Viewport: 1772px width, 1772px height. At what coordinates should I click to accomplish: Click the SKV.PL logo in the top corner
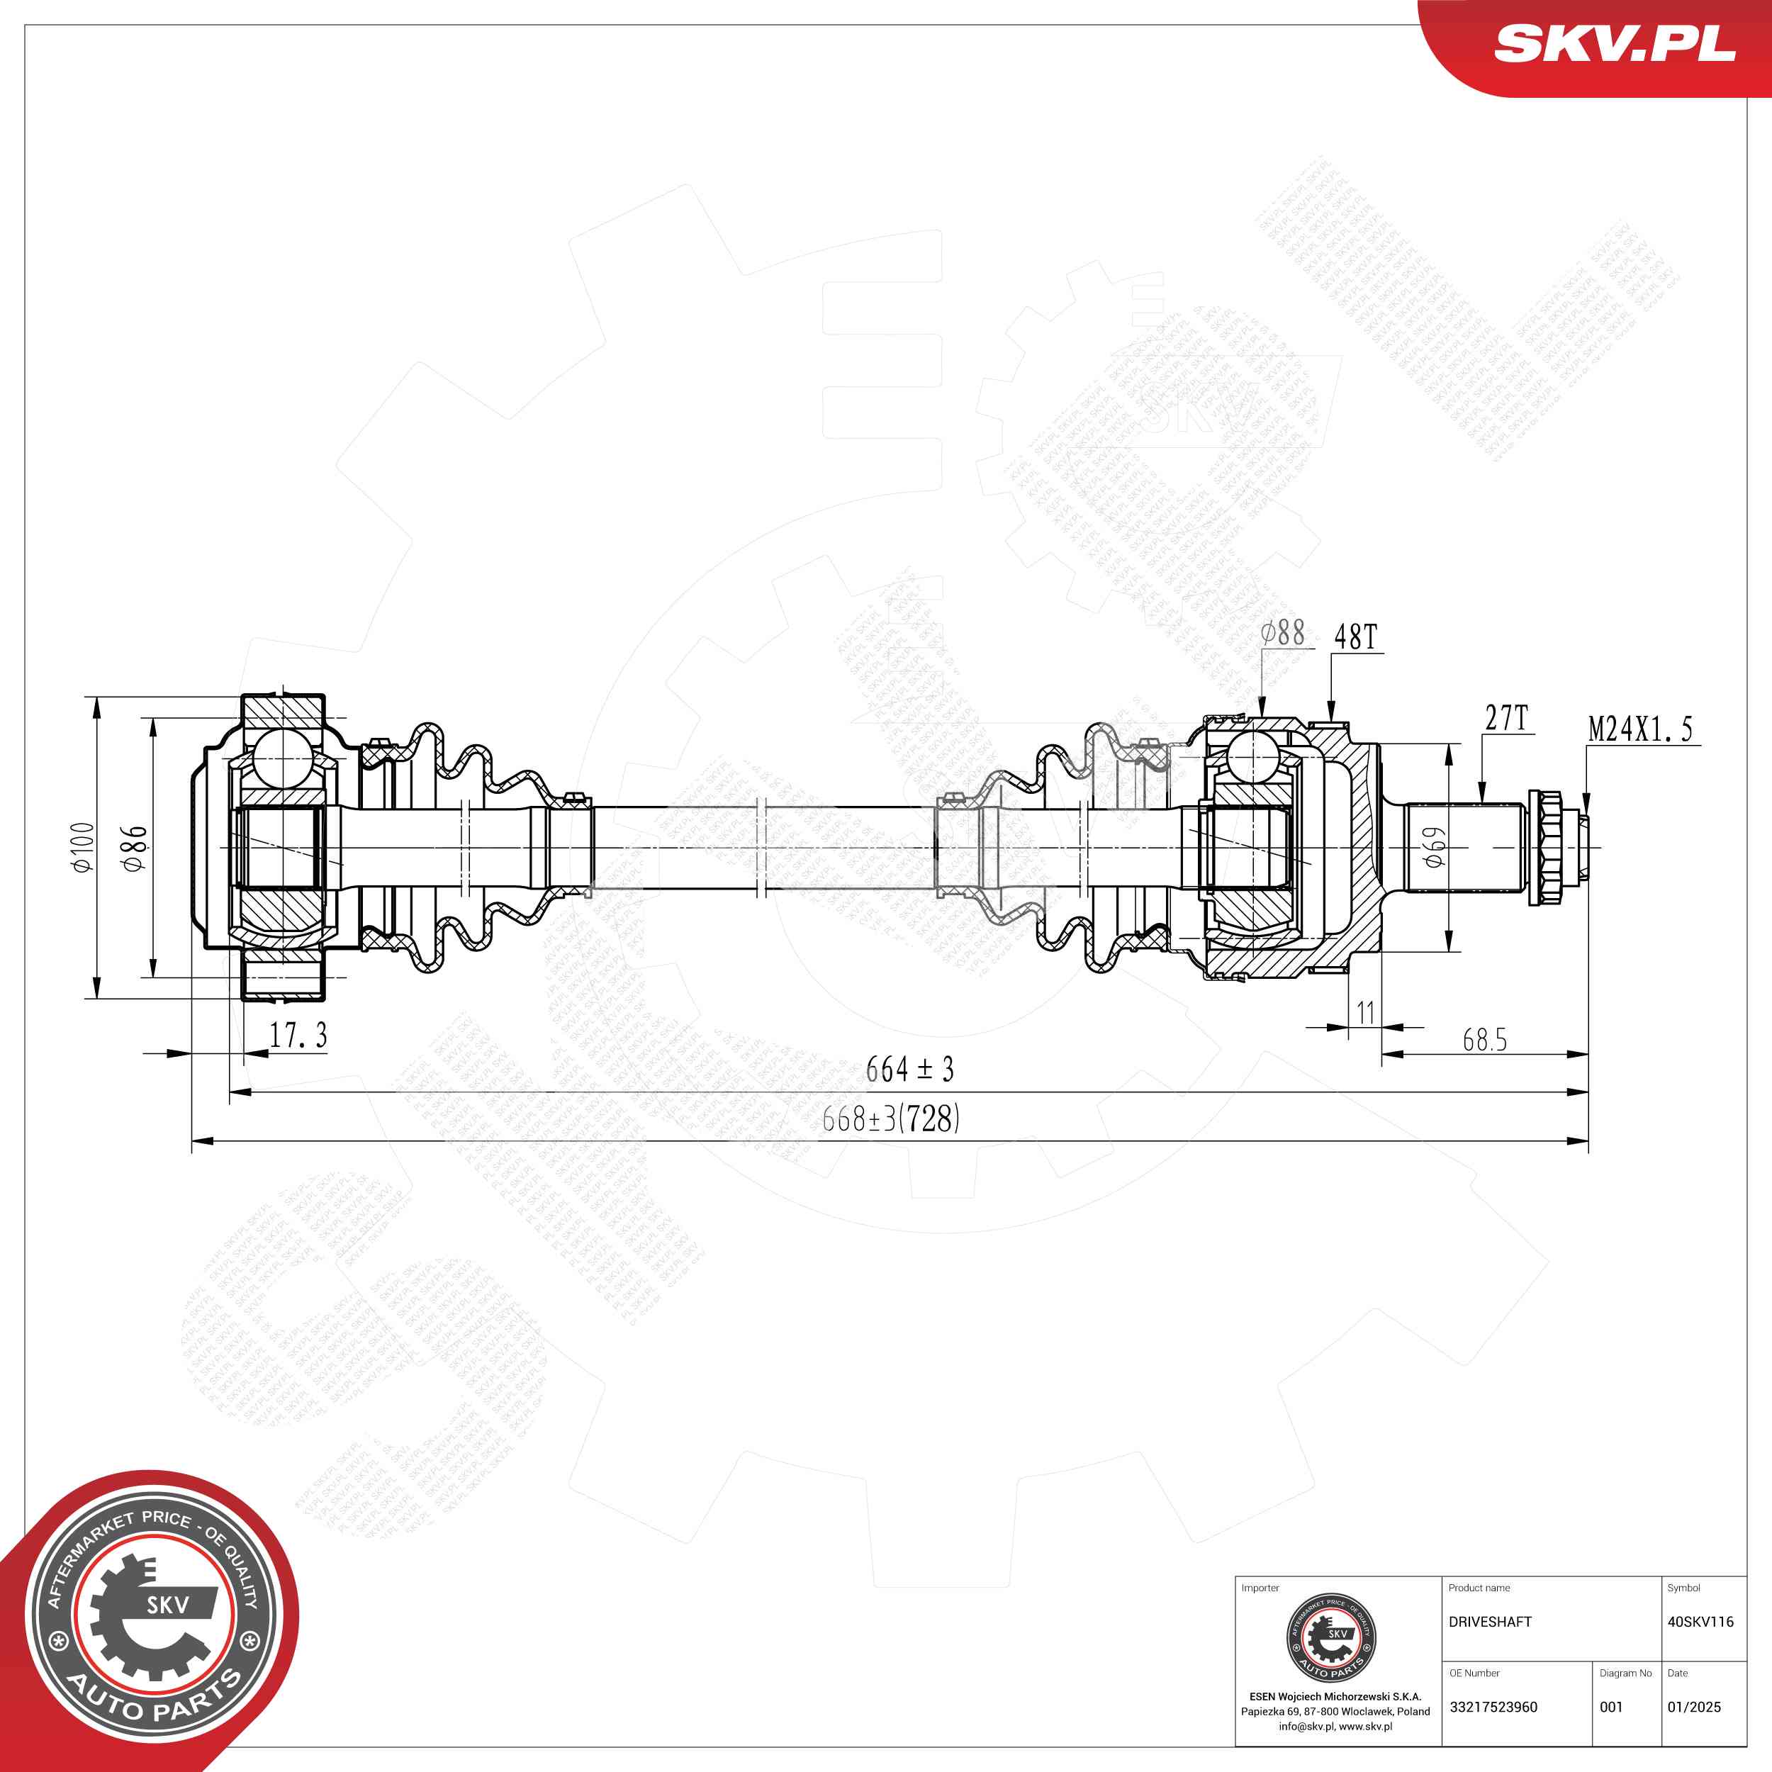point(1614,43)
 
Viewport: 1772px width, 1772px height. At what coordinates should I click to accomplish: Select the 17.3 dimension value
point(298,1036)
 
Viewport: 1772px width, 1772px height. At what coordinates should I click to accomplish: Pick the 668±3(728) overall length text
point(890,1118)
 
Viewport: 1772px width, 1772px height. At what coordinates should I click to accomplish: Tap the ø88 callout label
point(1282,633)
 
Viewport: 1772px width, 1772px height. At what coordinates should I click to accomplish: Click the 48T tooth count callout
point(1356,637)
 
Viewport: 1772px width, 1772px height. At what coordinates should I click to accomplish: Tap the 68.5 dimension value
point(1484,1040)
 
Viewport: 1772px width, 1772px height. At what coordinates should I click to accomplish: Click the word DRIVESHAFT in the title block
point(1489,1622)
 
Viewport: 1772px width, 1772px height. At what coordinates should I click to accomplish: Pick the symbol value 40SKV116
point(1700,1622)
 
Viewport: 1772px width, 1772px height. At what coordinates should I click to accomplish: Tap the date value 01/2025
point(1694,1707)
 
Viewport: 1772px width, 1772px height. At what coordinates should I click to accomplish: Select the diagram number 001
point(1610,1707)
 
